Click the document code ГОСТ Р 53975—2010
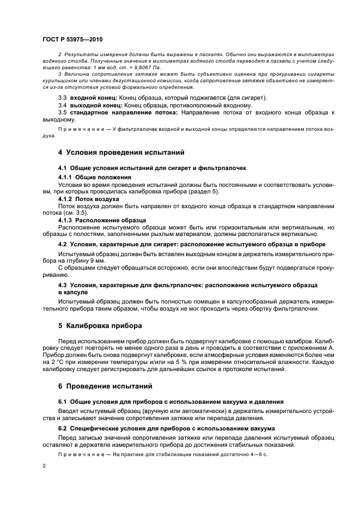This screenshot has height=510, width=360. (72, 40)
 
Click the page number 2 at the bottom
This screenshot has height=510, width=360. (44, 466)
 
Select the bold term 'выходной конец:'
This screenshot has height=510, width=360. (93, 105)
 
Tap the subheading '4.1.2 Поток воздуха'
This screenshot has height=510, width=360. (90, 199)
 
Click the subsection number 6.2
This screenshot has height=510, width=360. (62, 428)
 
